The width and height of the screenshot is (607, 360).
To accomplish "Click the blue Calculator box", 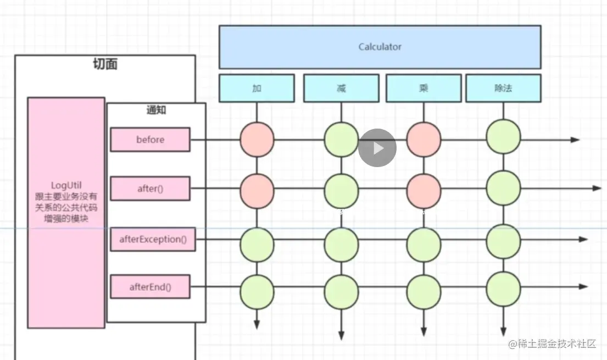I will (380, 47).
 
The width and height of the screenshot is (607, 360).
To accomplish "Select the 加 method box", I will (257, 88).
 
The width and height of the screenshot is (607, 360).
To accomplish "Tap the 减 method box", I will (341, 88).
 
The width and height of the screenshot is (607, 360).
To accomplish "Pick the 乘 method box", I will (424, 88).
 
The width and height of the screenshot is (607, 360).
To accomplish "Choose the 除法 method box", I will (503, 88).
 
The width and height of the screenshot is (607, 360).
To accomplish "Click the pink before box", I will (150, 140).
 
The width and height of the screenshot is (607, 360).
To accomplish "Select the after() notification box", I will (150, 189).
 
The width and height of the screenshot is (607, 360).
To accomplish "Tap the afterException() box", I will (153, 239).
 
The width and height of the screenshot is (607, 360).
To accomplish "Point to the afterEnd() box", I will (150, 286).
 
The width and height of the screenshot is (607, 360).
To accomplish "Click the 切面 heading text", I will (105, 64).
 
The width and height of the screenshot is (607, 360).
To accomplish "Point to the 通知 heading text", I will (156, 110).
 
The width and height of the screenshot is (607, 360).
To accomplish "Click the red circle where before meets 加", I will (257, 140).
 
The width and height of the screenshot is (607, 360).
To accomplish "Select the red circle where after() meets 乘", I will (424, 189).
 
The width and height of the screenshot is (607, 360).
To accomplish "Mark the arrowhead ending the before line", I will (575, 140).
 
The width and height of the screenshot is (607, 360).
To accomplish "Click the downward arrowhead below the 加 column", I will (257, 325).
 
